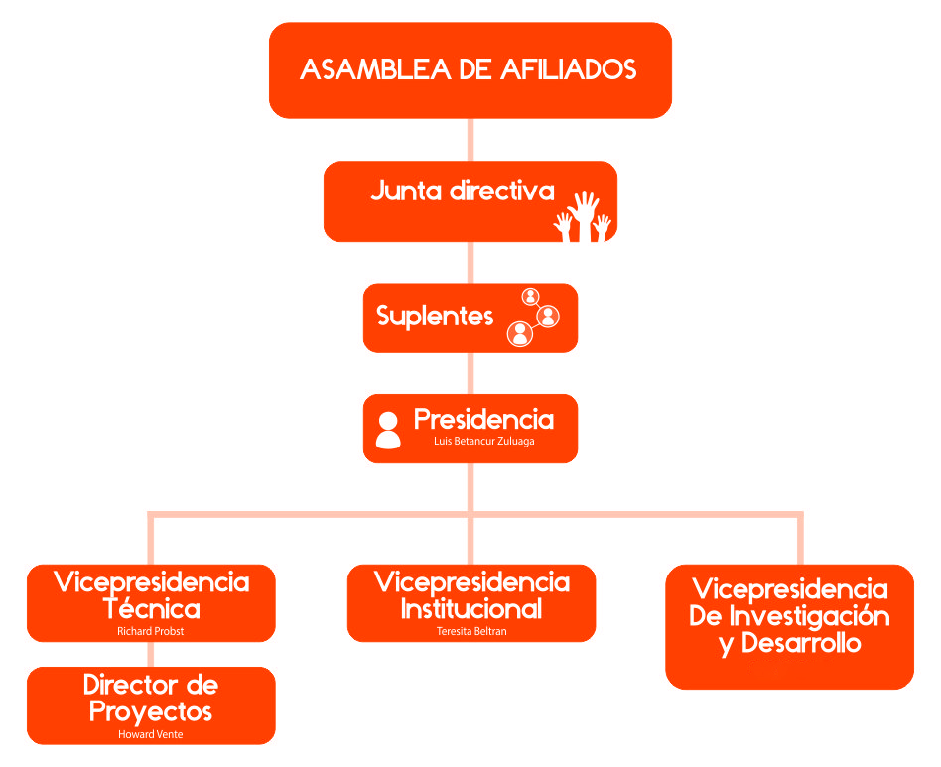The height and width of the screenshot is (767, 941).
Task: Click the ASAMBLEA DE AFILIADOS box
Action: coord(470,69)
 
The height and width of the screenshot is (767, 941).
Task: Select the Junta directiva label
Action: coord(462,191)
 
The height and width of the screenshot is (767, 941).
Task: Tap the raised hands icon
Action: coord(584,216)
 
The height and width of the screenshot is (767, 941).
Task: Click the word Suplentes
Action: coord(435,317)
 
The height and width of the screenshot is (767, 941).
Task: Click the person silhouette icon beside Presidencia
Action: coord(388,430)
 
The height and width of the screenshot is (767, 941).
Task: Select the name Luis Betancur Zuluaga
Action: coord(483,441)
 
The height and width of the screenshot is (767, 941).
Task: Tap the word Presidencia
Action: coord(483,419)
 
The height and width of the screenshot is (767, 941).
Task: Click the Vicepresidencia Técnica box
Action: coord(151,602)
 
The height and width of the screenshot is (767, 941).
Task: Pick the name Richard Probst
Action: coord(151,631)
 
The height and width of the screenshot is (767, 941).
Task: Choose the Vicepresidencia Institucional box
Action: coord(471,602)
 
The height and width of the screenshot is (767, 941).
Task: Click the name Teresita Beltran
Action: coord(471,631)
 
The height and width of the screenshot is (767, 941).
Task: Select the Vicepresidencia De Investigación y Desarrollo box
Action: coord(789,626)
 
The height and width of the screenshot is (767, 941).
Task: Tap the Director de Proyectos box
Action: coord(151,704)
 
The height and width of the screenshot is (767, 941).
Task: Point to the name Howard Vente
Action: coord(151,734)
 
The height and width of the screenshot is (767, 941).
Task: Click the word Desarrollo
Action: coord(799,643)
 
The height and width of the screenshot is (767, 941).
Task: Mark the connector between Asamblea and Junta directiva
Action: coord(470,139)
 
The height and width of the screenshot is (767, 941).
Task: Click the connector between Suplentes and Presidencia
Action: coord(470,373)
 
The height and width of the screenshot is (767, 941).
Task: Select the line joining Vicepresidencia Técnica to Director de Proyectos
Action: coord(151,654)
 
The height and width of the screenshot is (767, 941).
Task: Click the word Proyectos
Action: coord(151,711)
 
